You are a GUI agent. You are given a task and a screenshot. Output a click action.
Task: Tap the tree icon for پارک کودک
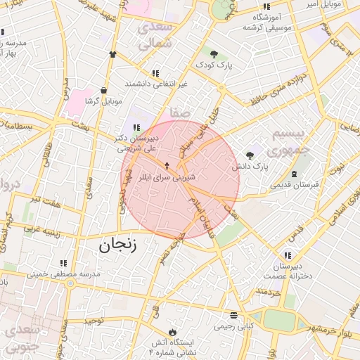click(214, 53)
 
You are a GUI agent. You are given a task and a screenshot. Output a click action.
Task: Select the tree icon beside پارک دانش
click(250, 155)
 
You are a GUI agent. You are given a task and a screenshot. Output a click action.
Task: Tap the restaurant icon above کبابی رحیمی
click(233, 315)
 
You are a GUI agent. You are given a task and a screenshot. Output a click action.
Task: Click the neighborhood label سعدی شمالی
click(154, 35)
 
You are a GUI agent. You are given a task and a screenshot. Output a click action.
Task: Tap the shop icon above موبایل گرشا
click(104, 90)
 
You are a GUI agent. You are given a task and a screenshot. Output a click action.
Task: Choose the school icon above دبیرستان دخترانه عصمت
click(288, 255)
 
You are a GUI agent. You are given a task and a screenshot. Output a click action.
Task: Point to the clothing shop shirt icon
click(112, 53)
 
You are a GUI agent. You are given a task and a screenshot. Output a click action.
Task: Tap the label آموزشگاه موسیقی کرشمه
click(266, 21)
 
